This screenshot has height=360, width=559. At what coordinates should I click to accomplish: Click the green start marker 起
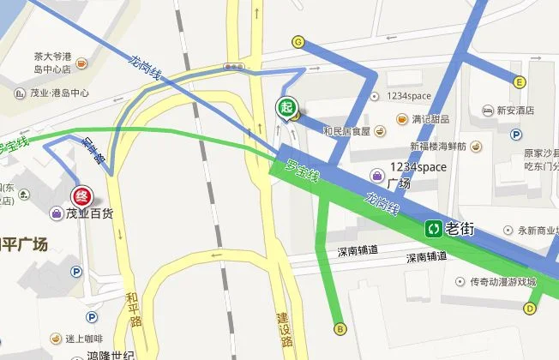click(286, 107)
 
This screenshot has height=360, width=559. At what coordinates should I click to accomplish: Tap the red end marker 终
click(81, 195)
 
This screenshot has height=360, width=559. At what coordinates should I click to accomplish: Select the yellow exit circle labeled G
click(298, 41)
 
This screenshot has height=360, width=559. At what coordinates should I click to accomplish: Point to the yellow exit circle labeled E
click(520, 82)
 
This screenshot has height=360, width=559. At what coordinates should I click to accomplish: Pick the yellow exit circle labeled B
click(340, 327)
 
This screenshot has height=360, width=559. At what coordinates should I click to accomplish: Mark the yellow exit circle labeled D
click(531, 308)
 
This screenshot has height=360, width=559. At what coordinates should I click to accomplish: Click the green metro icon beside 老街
click(435, 229)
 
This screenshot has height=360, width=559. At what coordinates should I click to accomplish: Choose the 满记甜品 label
click(431, 117)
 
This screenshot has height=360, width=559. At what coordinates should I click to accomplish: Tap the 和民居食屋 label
click(346, 131)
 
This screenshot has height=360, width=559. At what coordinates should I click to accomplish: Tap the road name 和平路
click(132, 309)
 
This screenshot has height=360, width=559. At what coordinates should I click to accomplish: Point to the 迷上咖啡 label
click(82, 338)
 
